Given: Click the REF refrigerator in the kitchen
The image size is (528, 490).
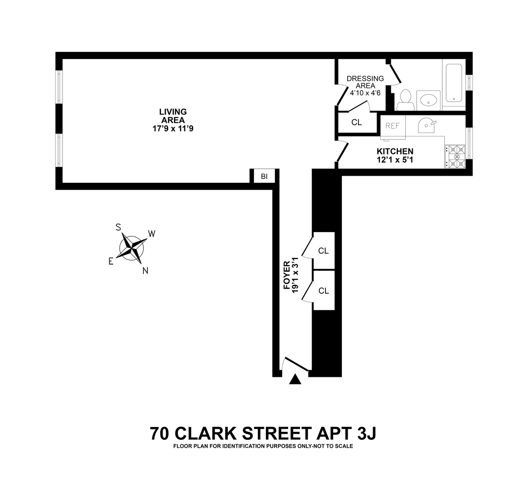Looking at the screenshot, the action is (392, 126).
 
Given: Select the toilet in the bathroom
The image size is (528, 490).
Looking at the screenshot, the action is (405, 100).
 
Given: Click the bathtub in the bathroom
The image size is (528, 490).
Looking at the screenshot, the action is (454, 83).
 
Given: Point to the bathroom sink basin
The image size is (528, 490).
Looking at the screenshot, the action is (429, 100).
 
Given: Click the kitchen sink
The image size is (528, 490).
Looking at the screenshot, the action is (426, 125).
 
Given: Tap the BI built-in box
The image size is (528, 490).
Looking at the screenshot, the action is (264, 177).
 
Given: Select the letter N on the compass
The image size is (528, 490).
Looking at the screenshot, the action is (145, 271).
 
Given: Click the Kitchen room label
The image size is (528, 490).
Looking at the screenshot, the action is (395, 151).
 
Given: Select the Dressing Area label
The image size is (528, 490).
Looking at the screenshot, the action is (365, 82).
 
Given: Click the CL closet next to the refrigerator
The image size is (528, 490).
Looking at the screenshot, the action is (357, 122).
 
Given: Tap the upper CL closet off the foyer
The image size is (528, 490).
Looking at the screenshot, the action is (323, 251).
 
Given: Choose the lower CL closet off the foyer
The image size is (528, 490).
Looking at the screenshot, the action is (323, 291).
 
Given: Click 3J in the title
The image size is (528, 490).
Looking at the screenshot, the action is (365, 433).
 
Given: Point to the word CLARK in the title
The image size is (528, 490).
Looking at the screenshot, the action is (203, 433).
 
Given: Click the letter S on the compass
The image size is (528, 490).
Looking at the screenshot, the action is (118, 227).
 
